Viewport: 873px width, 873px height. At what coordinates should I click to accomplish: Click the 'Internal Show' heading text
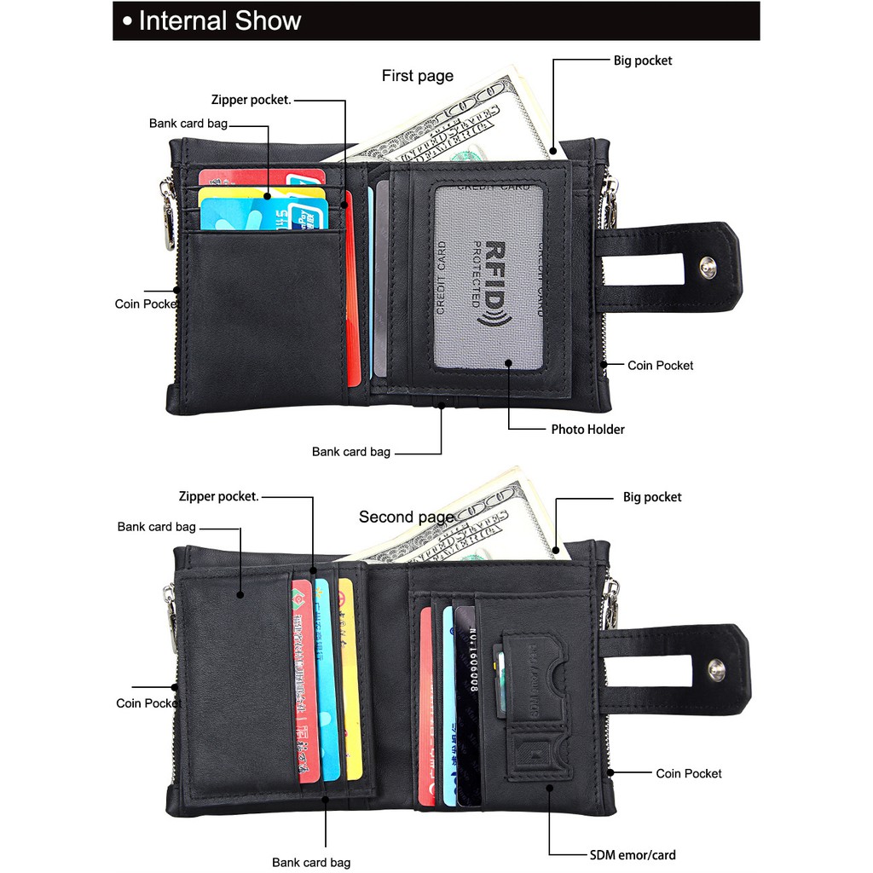[219, 20]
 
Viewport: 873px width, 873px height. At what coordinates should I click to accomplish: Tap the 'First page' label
[417, 76]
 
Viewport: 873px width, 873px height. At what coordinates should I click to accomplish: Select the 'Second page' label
[406, 517]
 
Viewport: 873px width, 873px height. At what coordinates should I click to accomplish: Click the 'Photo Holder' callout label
[587, 429]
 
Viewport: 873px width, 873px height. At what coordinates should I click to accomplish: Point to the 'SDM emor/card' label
[633, 854]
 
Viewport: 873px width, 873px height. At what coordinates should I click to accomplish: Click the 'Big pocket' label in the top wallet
[642, 61]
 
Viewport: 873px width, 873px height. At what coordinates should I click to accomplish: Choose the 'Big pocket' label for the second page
[652, 497]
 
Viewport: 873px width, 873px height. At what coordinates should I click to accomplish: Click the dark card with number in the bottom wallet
[466, 699]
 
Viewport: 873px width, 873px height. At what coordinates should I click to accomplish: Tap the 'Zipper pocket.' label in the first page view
[251, 101]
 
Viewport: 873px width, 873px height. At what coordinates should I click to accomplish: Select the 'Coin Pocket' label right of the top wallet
[660, 365]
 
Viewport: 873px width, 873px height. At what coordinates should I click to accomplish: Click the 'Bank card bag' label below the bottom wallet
[310, 862]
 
